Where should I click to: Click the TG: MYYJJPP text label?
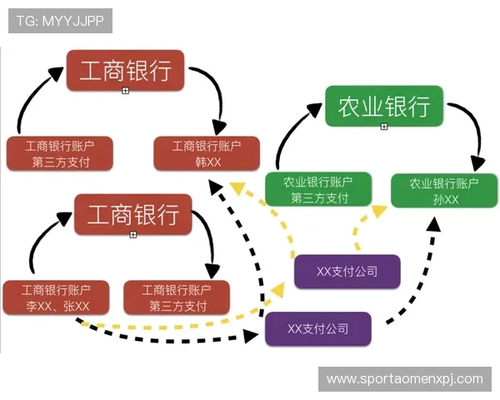60,20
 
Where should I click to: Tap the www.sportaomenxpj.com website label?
404,379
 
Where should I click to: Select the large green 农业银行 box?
383,106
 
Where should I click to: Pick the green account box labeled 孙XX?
434,191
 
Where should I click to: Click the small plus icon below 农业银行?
384,127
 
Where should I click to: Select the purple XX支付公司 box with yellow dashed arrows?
347,272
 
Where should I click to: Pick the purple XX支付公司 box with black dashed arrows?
317,328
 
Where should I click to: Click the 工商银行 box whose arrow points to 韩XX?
125,71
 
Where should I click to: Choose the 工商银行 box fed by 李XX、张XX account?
132,214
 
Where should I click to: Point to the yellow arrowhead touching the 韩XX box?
237,188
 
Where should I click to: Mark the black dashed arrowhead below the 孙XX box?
434,223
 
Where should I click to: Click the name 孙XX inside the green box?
434,199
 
